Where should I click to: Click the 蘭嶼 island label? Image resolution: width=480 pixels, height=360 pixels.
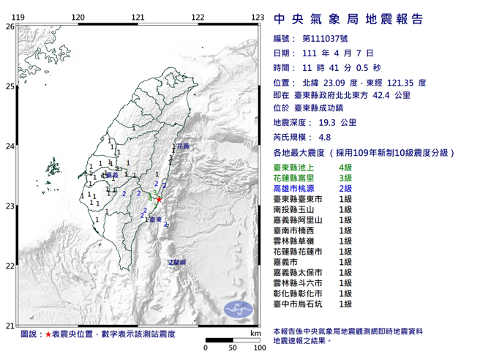pyautogui.click(x=178, y=261)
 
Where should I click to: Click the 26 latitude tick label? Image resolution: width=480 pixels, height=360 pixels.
pyautogui.click(x=10, y=26)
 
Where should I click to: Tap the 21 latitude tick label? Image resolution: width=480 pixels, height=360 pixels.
pyautogui.click(x=10, y=325)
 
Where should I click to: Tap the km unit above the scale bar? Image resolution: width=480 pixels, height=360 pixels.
pyautogui.click(x=255, y=334)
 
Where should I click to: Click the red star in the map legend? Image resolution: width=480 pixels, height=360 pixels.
pyautogui.click(x=48, y=334)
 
